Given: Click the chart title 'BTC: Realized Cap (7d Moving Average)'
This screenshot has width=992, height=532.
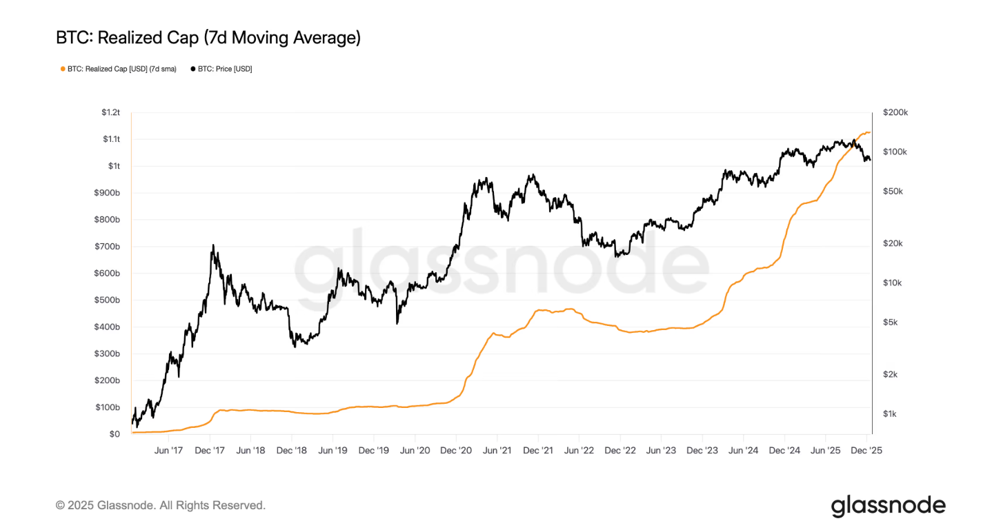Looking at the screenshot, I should click(208, 38).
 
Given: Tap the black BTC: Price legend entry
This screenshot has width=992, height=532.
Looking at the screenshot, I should click(224, 69).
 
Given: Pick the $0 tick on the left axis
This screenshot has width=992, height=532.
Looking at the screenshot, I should click(115, 434).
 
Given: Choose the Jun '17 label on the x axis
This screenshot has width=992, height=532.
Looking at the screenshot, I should click(168, 450).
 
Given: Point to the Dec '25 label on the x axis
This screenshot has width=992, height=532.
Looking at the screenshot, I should click(866, 450).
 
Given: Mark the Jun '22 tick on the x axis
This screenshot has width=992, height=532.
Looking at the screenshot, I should click(579, 450).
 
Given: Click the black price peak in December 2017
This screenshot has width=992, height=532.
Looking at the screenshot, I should click(212, 245).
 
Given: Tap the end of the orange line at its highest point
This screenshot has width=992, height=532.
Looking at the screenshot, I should click(869, 132).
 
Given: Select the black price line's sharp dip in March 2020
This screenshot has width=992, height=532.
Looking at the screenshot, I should click(397, 323).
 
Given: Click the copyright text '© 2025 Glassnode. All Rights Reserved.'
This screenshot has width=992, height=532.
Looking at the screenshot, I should click(160, 505).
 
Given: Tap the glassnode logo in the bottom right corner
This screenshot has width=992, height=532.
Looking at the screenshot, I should click(888, 505).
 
